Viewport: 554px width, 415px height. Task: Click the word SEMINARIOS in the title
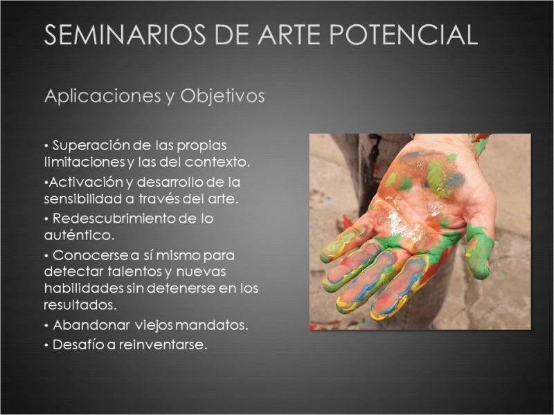pos(125,35)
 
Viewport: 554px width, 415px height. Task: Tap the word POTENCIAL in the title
pos(404,35)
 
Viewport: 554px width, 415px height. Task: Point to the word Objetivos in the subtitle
pos(222,96)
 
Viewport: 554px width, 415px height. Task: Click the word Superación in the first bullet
pos(92,145)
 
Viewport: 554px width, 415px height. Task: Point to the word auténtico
pos(79,235)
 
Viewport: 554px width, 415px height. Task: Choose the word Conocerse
pos(91,255)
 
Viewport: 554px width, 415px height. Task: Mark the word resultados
pos(80,305)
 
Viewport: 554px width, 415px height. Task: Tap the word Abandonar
pos(91,325)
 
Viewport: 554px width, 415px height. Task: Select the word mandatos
pos(211,325)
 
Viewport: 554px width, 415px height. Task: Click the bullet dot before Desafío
pos(46,345)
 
